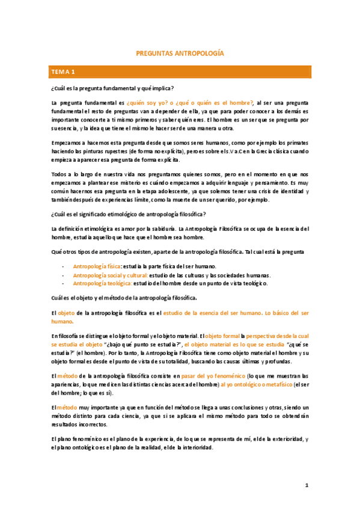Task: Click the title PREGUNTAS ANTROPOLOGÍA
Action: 180,54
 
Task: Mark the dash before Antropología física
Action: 63,266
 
